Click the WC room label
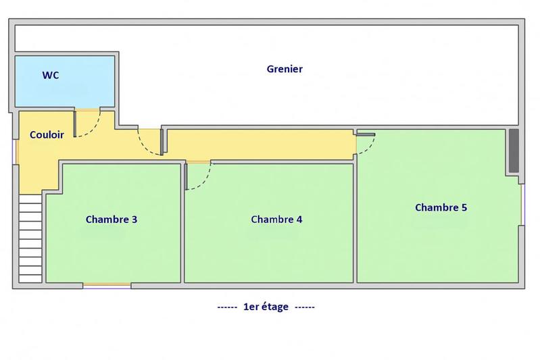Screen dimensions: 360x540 51,76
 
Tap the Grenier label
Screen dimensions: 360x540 284,69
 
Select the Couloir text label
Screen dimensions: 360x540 47,134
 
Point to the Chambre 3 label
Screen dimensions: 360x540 112,219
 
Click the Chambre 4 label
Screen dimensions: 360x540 276,219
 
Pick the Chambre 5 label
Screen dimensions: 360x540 441,207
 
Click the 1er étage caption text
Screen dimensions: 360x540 266,307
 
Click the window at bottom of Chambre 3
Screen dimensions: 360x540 107,285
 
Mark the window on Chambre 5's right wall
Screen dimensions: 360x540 523,203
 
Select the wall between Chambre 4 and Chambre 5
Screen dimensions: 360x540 355,223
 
